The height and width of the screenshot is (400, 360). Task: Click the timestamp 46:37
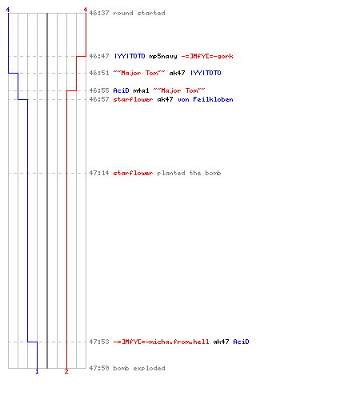[x=99, y=13]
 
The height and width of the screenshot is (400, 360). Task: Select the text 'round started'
[x=139, y=13]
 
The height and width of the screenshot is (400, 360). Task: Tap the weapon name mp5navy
[x=163, y=56]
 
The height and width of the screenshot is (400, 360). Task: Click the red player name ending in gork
[x=207, y=56]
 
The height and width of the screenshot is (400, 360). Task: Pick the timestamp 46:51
[x=99, y=73]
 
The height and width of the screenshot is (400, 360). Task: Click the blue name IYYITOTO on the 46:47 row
[x=130, y=56]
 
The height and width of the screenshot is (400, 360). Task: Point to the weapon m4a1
[x=141, y=90]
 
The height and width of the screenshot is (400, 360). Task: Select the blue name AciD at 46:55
[x=121, y=90]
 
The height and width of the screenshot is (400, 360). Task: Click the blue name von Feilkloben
[x=206, y=99]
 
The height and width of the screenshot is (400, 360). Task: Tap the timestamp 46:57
[x=99, y=99]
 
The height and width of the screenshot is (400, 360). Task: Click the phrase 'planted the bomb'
[x=189, y=173]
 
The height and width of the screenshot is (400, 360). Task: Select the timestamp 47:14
[x=99, y=173]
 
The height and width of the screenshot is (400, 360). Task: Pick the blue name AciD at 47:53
[x=241, y=342]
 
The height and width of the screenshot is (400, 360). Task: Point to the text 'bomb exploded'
[x=139, y=368]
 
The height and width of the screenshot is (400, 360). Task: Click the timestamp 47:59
[x=99, y=368]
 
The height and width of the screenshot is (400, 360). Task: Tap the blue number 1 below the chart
[x=37, y=371]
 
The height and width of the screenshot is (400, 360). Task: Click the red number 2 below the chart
[x=66, y=371]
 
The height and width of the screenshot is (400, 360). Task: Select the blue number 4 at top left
[x=8, y=10]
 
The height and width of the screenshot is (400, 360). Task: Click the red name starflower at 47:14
[x=133, y=173]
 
